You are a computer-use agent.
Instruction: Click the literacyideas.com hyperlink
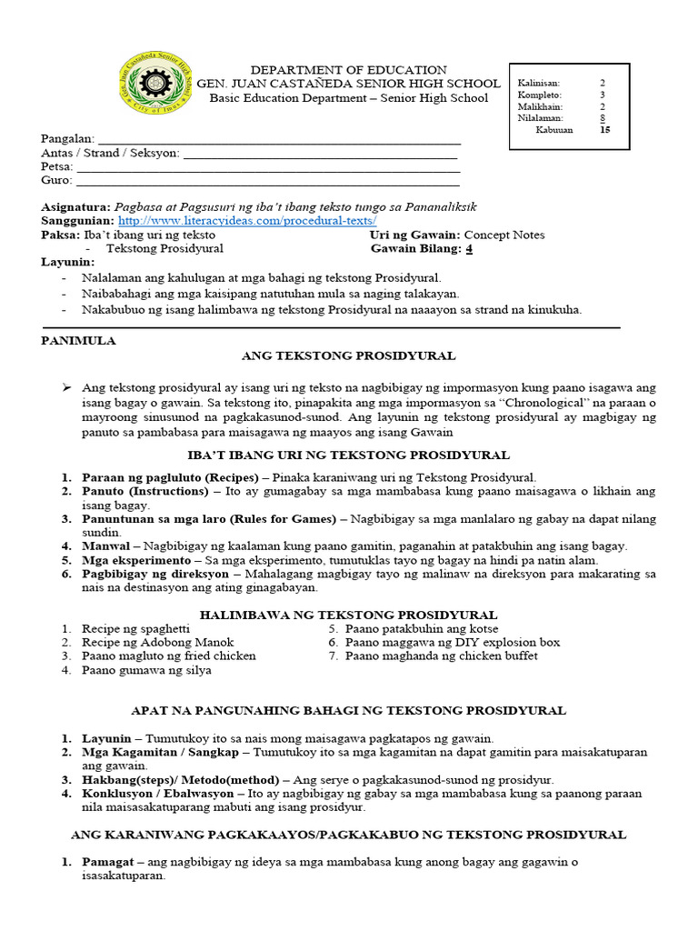247,221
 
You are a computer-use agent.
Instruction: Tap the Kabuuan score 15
605,129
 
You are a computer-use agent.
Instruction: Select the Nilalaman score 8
602,117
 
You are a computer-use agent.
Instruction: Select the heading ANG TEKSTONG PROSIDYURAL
348,355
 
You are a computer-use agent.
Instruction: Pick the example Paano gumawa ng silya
146,670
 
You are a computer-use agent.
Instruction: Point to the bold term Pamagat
109,861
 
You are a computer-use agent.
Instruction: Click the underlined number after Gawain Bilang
470,248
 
